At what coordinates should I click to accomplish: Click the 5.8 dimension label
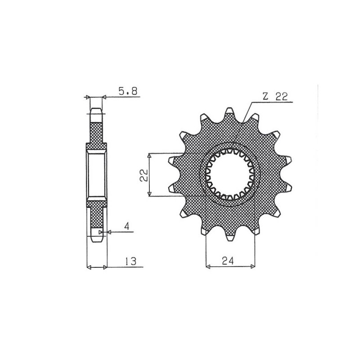click(x=128, y=91)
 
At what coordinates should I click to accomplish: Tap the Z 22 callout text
click(x=275, y=97)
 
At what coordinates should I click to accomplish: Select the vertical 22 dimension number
click(x=144, y=175)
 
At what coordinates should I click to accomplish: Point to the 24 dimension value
click(x=228, y=261)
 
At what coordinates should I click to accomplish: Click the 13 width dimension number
click(x=130, y=261)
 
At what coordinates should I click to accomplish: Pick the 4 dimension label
click(x=127, y=226)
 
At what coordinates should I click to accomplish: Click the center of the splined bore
click(x=229, y=175)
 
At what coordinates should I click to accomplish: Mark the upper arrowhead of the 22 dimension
click(x=149, y=156)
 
